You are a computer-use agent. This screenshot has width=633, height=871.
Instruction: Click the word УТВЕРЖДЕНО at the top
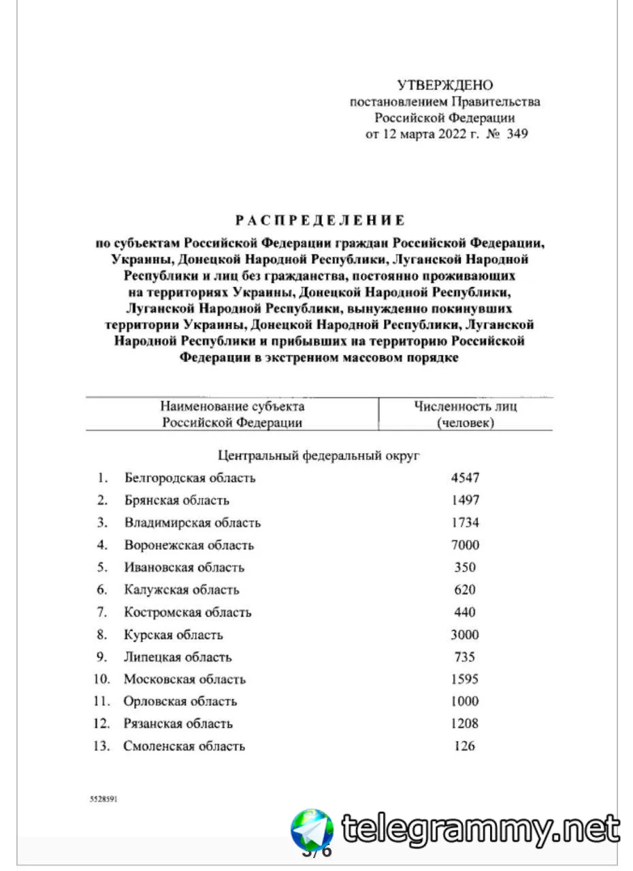pos(445,85)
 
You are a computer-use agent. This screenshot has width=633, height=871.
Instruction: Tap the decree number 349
pos(517,134)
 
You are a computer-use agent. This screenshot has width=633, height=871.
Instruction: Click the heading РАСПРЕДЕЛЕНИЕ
pos(320,220)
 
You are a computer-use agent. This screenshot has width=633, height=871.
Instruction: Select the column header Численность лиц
pos(466,407)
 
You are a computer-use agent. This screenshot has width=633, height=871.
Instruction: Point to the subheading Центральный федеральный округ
pos(319,455)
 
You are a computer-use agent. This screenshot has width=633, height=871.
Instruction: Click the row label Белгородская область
pos(190,478)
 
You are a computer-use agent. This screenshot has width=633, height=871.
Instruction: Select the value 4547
pos(466,478)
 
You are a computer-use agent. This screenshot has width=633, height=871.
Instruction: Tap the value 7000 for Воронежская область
pos(466,545)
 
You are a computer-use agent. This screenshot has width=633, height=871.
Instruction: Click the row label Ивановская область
pos(184,568)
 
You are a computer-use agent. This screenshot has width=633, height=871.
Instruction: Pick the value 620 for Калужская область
pos(466,590)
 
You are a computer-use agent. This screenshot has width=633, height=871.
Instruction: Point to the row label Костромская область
pos(187,612)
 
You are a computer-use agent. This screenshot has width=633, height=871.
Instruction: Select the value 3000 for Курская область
pos(466,635)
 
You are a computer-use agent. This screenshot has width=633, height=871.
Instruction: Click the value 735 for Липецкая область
pos(466,657)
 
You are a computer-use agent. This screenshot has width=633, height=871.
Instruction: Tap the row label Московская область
pos(184,679)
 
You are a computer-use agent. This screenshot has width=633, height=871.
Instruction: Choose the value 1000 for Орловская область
pos(466,702)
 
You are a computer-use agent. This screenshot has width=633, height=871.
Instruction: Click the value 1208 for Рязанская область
pos(466,724)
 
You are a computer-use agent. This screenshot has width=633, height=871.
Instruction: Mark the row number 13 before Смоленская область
pos(101,746)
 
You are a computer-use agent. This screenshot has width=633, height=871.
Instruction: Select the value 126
pos(465,746)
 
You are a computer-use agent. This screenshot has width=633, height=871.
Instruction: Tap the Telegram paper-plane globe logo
pos(312,830)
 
